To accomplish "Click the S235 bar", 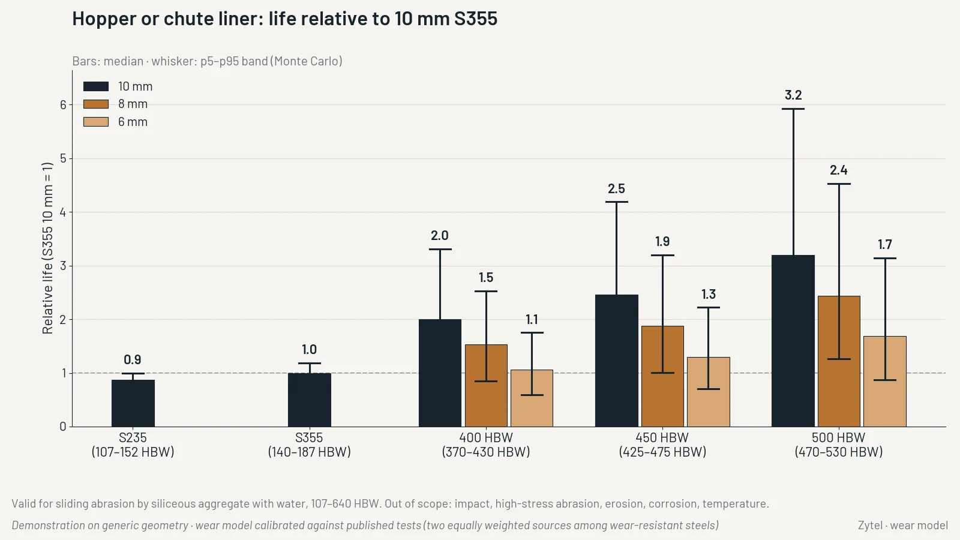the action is (x=133, y=403).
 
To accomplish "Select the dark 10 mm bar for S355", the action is (x=310, y=400).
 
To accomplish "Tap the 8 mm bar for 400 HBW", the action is (x=486, y=386).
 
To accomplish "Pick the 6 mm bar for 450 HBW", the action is (x=709, y=392).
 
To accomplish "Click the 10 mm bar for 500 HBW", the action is (x=793, y=341).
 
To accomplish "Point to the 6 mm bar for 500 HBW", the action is (x=884, y=382).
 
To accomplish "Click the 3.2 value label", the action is (x=793, y=95).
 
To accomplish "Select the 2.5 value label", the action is (x=616, y=188).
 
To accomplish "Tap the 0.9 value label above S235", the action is (x=133, y=359).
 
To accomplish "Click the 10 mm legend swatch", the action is (x=96, y=86).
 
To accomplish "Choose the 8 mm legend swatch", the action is (x=96, y=104).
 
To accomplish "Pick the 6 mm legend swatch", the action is (x=96, y=122).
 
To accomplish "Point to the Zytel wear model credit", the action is (x=903, y=526).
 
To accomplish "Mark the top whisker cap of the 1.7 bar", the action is (x=884, y=259).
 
